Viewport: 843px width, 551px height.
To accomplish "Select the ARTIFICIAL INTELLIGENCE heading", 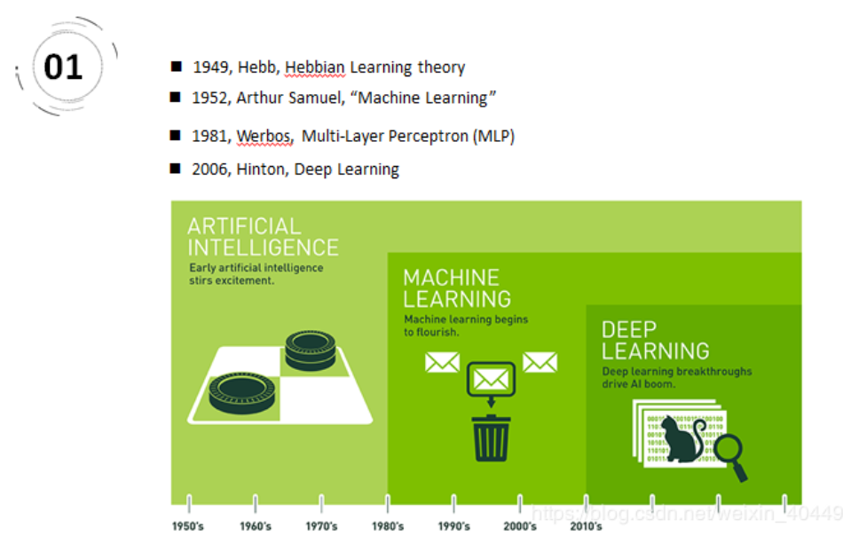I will click(x=262, y=236).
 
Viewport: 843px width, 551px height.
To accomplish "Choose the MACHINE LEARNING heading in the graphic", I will click(x=456, y=288).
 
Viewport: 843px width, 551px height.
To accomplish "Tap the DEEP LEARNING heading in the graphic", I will click(x=654, y=340).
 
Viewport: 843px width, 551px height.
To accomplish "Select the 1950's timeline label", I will click(x=188, y=526).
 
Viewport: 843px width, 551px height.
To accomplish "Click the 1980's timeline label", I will click(x=387, y=526).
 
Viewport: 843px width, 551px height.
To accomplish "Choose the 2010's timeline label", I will click(x=586, y=526).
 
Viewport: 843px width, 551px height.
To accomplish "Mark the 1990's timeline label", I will click(x=453, y=526).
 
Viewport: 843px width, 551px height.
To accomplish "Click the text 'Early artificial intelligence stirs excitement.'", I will click(x=256, y=273).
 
